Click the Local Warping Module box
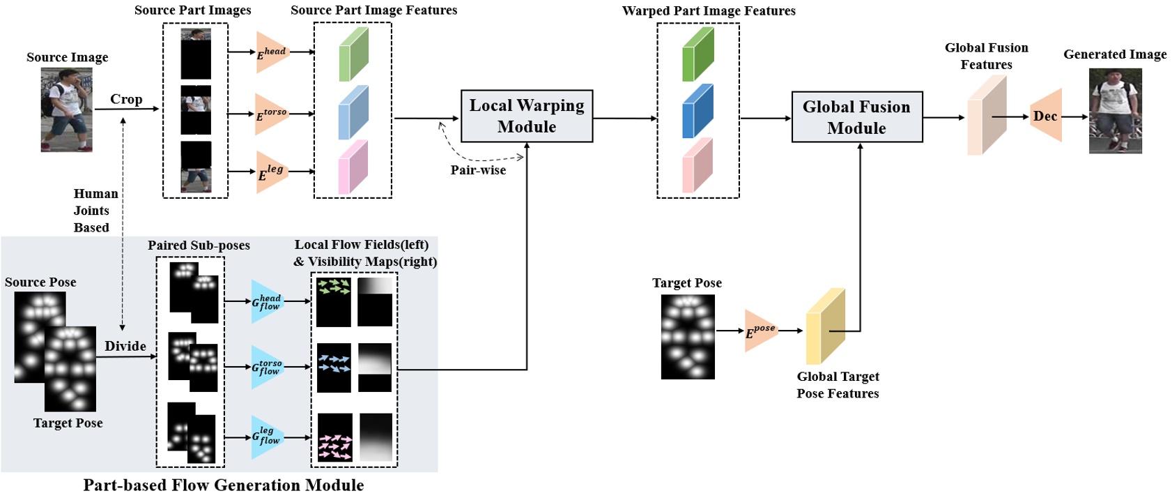click(526, 116)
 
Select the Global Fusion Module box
click(856, 117)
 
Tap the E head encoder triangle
click(270, 52)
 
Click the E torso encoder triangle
click(270, 114)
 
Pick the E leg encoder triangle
click(270, 172)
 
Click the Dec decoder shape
click(1047, 116)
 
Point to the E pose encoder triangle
click(760, 330)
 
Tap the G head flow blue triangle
click(266, 302)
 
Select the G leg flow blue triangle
click(266, 437)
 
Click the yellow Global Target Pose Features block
click(825, 326)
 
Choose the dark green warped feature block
click(697, 54)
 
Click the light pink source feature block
click(353, 167)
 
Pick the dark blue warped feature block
click(697, 112)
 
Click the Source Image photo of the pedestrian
click(67, 110)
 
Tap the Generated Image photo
click(1115, 111)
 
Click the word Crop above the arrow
click(126, 99)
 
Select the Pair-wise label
click(478, 169)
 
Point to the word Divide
click(125, 346)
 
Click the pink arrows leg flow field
click(334, 437)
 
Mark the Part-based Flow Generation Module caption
click(223, 485)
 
